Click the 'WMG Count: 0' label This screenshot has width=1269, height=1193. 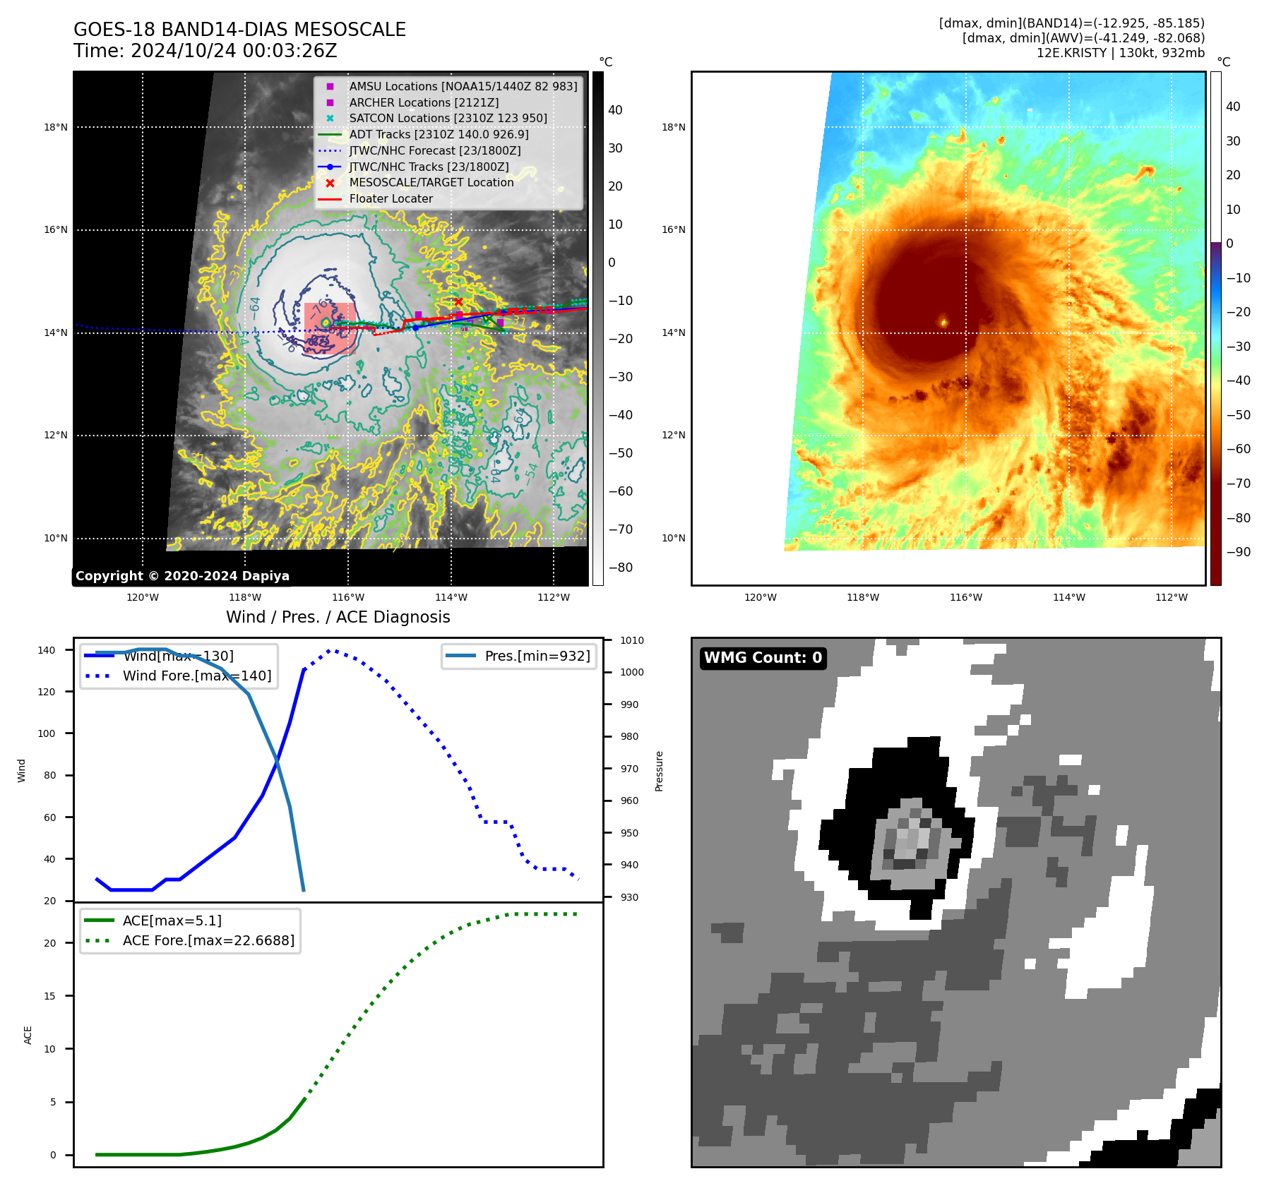[763, 658]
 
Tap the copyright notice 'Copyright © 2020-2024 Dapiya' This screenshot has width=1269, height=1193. [182, 576]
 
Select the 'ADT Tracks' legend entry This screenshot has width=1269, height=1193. [438, 134]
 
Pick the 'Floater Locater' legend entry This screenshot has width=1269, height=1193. [391, 199]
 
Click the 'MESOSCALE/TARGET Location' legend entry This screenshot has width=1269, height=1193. [431, 183]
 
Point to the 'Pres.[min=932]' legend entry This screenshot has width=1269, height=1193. [537, 656]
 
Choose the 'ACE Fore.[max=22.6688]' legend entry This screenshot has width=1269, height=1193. [208, 941]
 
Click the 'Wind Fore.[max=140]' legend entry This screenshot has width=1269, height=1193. [197, 676]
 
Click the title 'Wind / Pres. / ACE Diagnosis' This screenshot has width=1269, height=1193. [338, 617]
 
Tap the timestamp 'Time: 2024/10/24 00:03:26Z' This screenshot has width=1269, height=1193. [205, 52]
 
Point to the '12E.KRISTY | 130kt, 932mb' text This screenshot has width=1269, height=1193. [1120, 53]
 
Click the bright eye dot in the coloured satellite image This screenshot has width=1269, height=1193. [943, 323]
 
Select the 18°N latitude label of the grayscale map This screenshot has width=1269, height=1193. [56, 128]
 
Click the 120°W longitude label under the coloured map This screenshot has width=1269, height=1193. [760, 597]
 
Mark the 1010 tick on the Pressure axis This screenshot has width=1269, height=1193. [631, 640]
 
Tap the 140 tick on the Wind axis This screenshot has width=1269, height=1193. [46, 650]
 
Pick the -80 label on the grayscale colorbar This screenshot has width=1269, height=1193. [621, 568]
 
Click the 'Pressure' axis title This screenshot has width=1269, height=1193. [659, 771]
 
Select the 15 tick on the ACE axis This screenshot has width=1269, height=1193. [49, 996]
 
